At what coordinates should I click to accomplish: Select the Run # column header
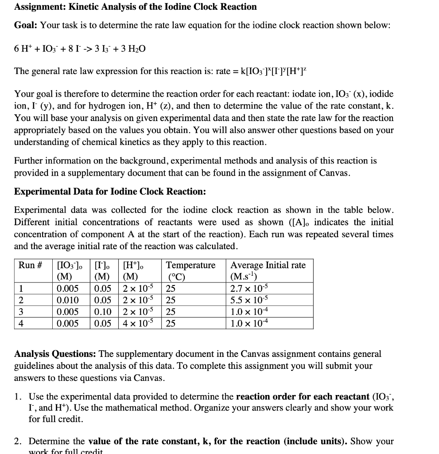30,265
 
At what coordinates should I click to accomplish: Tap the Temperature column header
190,265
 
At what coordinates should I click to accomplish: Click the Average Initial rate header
268,265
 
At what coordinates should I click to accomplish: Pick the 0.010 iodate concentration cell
68,301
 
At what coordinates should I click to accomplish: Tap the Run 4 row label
21,324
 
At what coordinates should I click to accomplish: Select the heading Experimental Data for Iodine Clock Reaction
110,192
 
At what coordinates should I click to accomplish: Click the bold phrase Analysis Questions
55,354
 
